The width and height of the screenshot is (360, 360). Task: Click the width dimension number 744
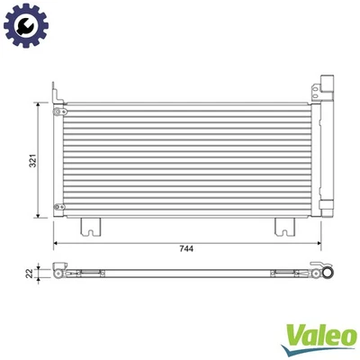pyautogui.click(x=185, y=249)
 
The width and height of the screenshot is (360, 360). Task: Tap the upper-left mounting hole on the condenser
pyautogui.click(x=58, y=112)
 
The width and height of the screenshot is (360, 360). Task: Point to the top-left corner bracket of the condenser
pyautogui.click(x=57, y=92)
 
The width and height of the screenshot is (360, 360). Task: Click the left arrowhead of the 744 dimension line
pyautogui.click(x=56, y=243)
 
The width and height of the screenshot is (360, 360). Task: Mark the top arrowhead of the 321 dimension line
pyautogui.click(x=38, y=104)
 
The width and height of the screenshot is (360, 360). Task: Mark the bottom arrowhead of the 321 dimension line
pyautogui.click(x=38, y=216)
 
